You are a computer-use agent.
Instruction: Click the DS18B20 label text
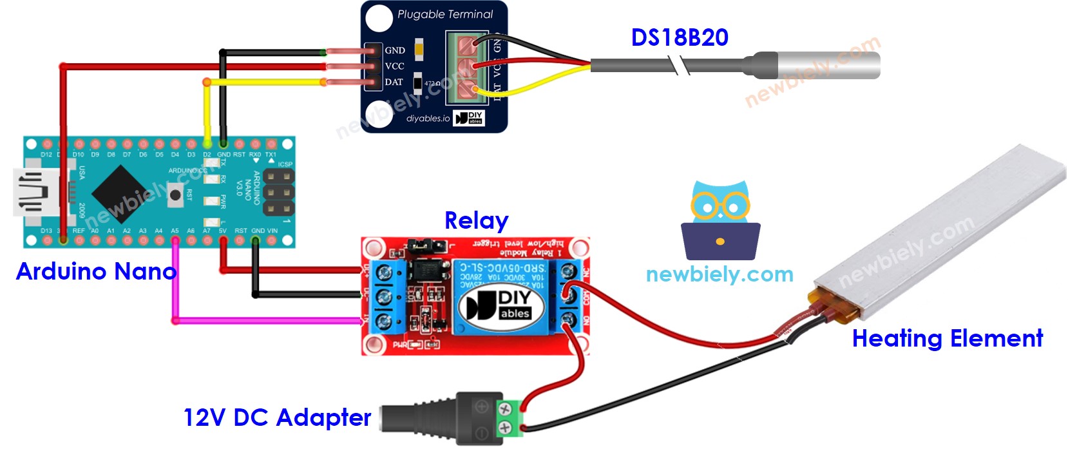[x=680, y=37]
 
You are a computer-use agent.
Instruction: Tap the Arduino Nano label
[x=96, y=271]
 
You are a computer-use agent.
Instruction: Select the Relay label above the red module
[x=476, y=220]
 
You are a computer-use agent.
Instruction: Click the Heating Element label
[x=947, y=338]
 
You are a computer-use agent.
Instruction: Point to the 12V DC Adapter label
[x=277, y=417]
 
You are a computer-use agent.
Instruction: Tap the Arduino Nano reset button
[x=175, y=193]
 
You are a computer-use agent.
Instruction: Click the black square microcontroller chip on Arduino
[x=123, y=193]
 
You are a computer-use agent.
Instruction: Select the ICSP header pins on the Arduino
[x=278, y=192]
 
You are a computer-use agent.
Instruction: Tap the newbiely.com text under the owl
[x=720, y=274]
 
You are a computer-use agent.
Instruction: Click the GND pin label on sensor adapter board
[x=395, y=50]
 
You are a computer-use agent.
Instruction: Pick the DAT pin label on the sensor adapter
[x=394, y=82]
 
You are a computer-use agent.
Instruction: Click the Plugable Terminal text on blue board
[x=444, y=14]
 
